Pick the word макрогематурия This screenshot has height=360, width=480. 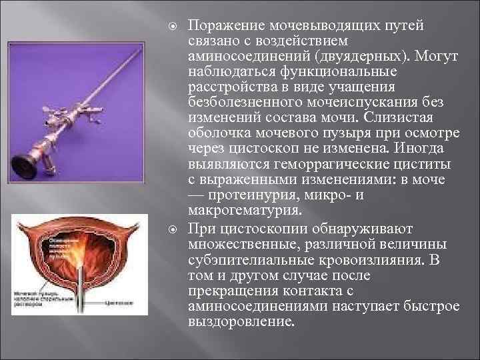[x=244, y=213]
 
